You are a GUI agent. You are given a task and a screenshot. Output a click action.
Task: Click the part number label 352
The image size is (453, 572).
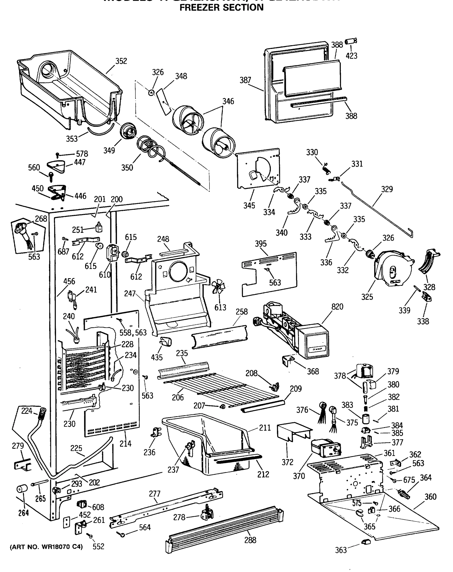click(x=121, y=61)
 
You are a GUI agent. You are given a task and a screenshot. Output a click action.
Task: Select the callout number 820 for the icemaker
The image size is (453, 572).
click(x=337, y=307)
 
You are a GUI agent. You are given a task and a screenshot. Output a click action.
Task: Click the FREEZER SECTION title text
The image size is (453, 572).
click(x=221, y=7)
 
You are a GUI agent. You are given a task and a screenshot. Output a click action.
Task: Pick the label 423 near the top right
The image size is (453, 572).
click(x=352, y=56)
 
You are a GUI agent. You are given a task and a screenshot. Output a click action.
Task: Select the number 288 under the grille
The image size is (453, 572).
click(x=250, y=540)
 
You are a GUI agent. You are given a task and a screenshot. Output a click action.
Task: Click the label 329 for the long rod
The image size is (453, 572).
click(x=387, y=189)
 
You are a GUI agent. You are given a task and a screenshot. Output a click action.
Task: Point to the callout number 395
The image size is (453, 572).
click(x=261, y=244)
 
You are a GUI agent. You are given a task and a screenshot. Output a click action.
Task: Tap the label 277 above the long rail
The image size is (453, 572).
click(x=154, y=494)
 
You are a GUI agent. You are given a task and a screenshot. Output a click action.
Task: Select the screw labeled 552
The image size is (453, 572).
click(x=91, y=536)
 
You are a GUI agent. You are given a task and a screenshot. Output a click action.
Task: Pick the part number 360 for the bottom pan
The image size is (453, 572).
click(x=430, y=497)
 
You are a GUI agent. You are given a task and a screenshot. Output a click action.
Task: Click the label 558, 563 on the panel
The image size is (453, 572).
click(x=133, y=333)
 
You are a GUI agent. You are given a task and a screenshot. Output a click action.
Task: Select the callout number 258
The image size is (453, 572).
click(x=242, y=312)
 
